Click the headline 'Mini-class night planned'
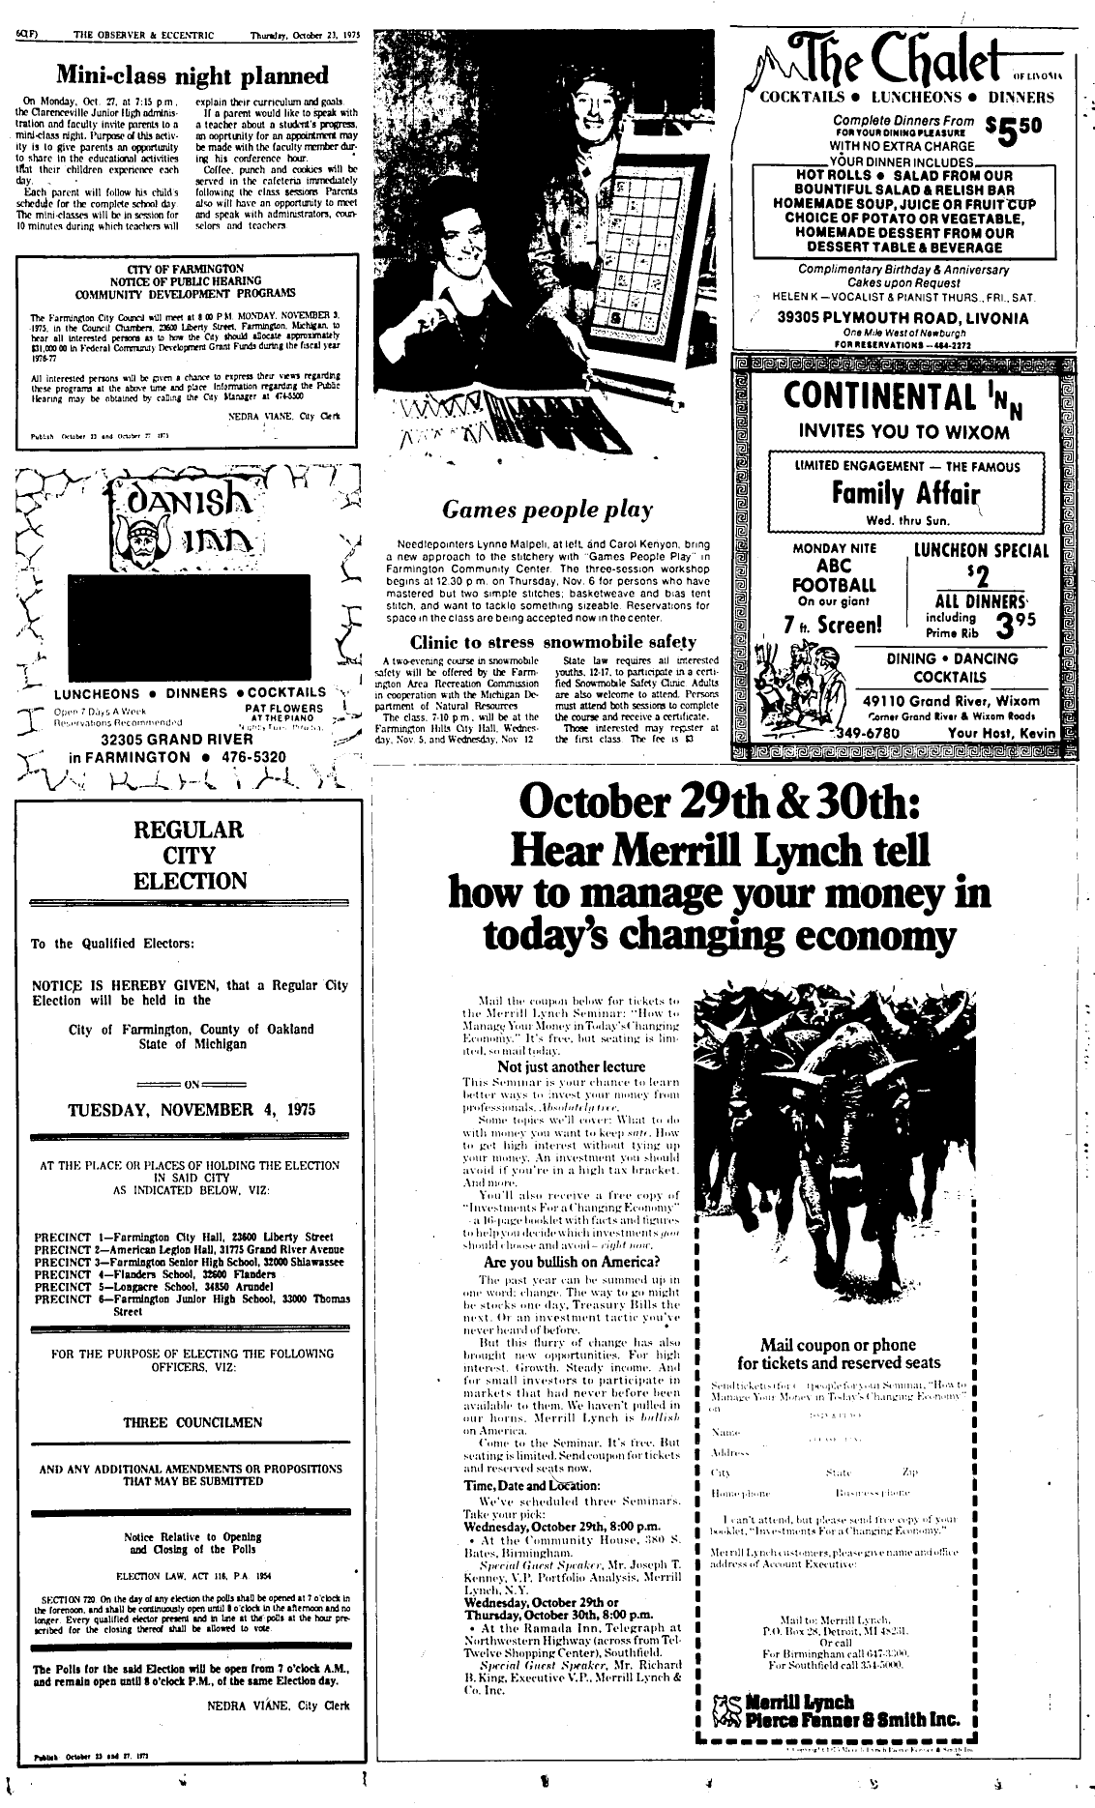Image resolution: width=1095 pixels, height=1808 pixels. point(191,75)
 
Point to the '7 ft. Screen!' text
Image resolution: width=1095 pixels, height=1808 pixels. point(833,625)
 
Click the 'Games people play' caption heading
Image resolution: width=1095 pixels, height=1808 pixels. point(547,509)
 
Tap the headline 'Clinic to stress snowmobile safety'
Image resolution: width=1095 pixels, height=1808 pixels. point(552,642)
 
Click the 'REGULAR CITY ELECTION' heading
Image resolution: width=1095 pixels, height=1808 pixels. point(191,855)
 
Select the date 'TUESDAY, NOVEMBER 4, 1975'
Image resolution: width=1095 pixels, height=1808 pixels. point(190,1109)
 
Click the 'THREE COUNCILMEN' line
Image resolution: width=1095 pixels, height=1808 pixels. point(192,1423)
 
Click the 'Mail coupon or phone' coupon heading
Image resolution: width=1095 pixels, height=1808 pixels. point(838,1344)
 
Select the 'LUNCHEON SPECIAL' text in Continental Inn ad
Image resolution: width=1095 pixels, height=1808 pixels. point(981,551)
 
